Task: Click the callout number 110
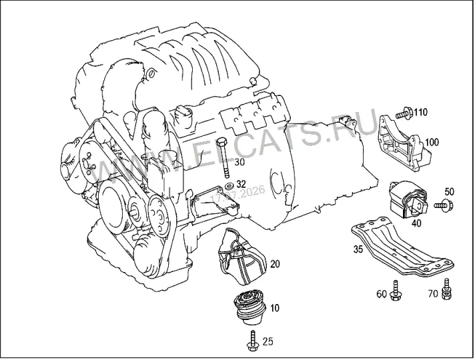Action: click(421, 112)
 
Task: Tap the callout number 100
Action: click(432, 142)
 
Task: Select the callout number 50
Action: click(450, 191)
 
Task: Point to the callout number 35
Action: click(358, 249)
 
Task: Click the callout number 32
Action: click(241, 184)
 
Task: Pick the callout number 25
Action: click(268, 341)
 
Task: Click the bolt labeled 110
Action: click(404, 113)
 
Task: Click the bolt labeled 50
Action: click(444, 205)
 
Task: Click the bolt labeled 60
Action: click(396, 291)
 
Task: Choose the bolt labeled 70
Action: click(446, 289)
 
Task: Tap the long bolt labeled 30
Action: click(224, 158)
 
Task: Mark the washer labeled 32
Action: click(228, 185)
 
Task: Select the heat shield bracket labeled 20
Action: click(242, 257)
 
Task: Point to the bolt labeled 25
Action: click(252, 341)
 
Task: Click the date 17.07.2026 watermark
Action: click(238, 194)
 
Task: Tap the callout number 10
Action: click(274, 308)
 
